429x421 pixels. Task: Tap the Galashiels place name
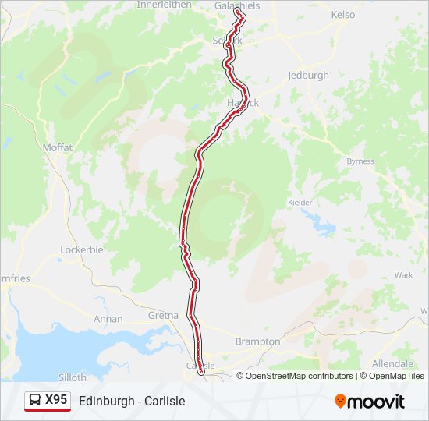click(x=236, y=5)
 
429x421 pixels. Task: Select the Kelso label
click(x=342, y=15)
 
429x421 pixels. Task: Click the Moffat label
click(x=58, y=147)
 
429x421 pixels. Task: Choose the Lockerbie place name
click(x=82, y=249)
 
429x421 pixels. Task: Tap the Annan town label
click(x=108, y=319)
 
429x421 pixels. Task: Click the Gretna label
click(x=163, y=316)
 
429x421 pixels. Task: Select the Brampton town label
click(x=257, y=341)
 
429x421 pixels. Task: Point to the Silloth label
click(x=72, y=377)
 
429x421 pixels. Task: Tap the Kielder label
click(x=300, y=202)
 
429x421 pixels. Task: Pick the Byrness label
click(x=360, y=161)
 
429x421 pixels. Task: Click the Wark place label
click(x=403, y=275)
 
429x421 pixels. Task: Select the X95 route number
click(x=56, y=400)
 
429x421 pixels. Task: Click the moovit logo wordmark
click(x=376, y=402)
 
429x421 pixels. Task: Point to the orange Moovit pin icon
click(x=340, y=401)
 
